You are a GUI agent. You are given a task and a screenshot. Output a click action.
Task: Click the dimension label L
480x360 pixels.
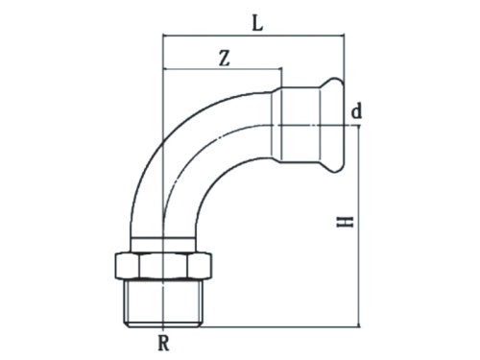256,22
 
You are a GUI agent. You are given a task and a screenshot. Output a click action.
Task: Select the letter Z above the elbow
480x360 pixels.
223,57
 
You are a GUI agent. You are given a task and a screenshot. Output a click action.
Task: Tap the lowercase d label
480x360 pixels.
356,112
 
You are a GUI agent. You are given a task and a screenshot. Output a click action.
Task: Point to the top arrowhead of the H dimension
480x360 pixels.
359,130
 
